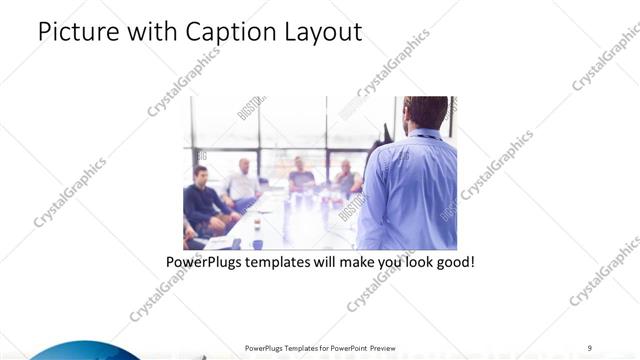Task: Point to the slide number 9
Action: pyautogui.click(x=590, y=348)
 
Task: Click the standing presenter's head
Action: pyautogui.click(x=427, y=115)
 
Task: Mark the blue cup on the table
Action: pyautogui.click(x=257, y=244)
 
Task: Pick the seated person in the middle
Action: pyautogui.click(x=301, y=178)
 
